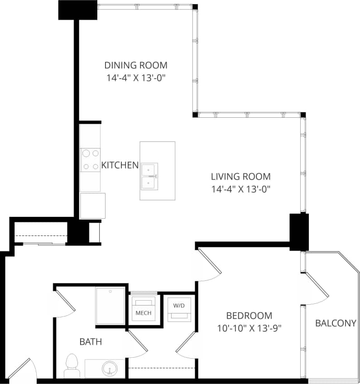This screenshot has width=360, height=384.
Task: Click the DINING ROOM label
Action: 136,65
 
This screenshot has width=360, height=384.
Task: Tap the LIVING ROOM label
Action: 241,177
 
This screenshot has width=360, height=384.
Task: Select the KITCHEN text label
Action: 120,165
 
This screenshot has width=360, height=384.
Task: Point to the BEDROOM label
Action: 249,316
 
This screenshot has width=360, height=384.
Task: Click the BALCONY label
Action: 336,323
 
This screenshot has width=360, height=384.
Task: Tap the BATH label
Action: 91,342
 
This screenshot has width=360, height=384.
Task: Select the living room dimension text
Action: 241,189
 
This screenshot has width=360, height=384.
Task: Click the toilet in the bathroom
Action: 72,365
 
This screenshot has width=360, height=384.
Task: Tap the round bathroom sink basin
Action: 109,368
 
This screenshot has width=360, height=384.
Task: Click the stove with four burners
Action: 90,160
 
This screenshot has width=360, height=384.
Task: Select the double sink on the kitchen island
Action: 149,176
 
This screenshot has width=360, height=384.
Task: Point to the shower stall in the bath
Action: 110,306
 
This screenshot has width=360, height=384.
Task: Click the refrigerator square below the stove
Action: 92,206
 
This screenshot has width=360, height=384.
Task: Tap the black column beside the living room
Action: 299,231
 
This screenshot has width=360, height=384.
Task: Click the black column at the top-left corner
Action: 78,10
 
